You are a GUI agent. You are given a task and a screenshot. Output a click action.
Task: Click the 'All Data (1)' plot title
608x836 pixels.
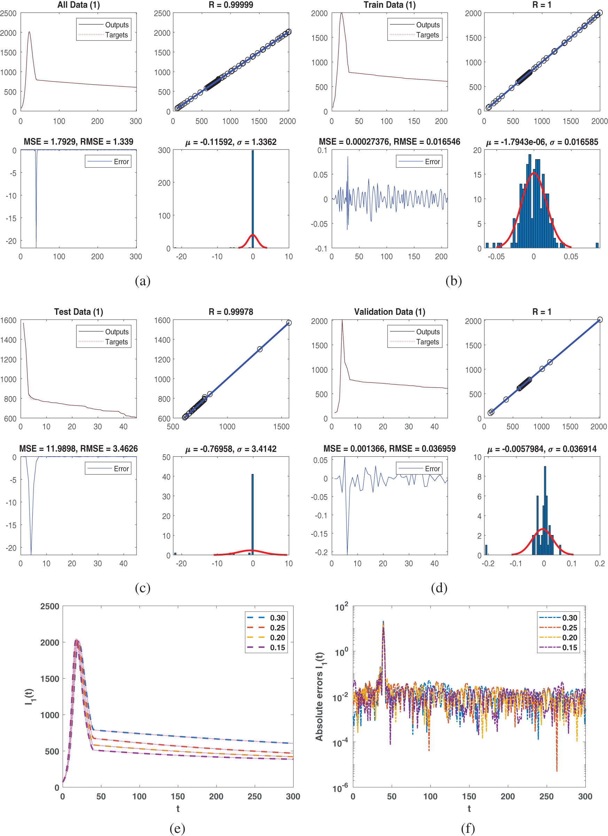click(78, 5)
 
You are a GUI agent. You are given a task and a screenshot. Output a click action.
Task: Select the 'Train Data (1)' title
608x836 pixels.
click(389, 5)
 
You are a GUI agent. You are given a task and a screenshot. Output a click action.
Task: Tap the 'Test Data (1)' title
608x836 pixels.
click(78, 312)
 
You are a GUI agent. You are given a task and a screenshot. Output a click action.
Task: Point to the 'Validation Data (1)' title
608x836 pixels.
click(389, 312)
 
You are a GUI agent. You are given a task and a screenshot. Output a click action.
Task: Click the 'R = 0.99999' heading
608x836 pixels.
click(231, 5)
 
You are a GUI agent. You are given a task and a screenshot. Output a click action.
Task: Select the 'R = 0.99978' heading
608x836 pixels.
click(231, 312)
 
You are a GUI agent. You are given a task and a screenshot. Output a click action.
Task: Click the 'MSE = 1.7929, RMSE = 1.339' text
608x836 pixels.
click(78, 142)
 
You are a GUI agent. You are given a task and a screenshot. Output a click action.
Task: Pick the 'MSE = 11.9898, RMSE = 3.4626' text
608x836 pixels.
click(78, 449)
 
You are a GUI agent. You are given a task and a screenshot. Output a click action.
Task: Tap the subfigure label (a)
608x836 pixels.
click(143, 281)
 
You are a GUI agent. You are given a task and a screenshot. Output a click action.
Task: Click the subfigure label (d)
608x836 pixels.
click(439, 588)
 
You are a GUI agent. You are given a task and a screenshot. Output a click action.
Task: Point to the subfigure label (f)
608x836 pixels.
click(468, 828)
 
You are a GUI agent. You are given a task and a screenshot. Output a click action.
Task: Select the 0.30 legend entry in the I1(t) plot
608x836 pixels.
click(266, 618)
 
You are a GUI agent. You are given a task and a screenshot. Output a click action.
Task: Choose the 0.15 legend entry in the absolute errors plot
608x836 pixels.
click(558, 648)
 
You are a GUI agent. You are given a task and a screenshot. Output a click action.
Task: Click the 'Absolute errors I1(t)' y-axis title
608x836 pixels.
click(319, 697)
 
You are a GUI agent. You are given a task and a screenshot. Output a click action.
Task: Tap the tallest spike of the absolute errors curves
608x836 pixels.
click(383, 621)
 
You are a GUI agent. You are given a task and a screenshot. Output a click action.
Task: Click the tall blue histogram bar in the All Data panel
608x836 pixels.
click(253, 199)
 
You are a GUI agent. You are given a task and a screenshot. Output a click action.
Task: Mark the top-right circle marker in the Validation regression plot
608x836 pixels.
click(600, 319)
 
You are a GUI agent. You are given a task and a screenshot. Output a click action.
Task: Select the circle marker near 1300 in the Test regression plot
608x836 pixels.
click(260, 349)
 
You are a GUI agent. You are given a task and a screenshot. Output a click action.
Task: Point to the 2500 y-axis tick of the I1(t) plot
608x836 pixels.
click(50, 606)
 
